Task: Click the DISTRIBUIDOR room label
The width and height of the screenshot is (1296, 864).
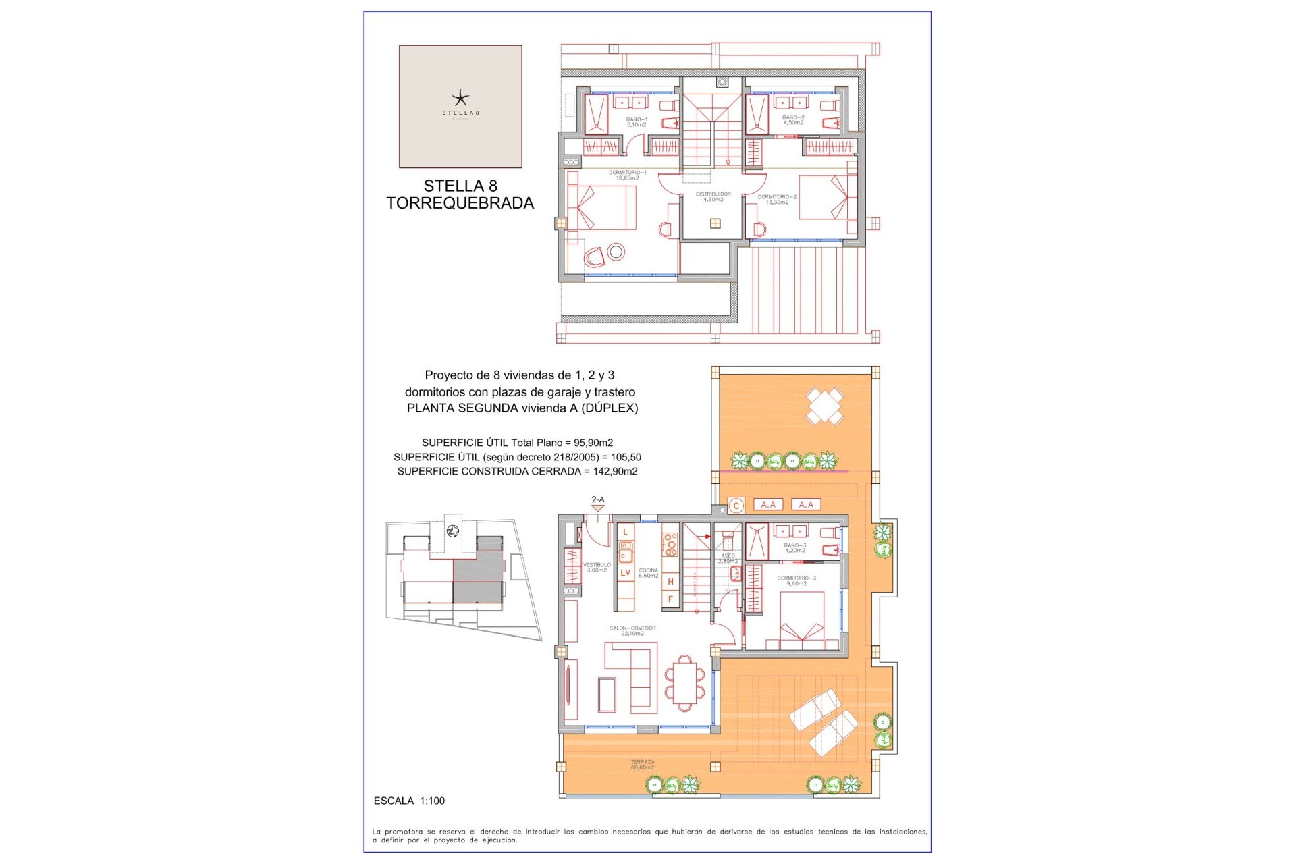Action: (x=713, y=196)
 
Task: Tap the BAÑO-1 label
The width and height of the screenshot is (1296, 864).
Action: (x=636, y=122)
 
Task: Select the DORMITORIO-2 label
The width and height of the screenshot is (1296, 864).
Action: (x=777, y=199)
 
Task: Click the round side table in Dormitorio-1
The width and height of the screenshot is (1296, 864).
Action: (x=616, y=252)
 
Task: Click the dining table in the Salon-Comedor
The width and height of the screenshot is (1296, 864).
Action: (x=684, y=682)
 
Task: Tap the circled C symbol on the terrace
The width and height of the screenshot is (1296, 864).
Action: (x=736, y=505)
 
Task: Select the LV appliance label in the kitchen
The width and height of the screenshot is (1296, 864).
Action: (x=625, y=573)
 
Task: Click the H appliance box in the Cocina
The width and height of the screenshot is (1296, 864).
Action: (x=670, y=581)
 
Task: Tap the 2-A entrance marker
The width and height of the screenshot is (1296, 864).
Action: (x=598, y=500)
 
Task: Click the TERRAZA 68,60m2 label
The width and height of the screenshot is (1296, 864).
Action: (x=642, y=765)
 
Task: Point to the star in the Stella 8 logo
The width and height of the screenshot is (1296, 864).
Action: (x=460, y=98)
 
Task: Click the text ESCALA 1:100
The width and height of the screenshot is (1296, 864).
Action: (x=409, y=801)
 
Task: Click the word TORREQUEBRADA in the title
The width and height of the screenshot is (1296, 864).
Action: (x=460, y=203)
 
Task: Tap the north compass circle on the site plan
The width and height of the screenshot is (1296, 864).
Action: (x=453, y=531)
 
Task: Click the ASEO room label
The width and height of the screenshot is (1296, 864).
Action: (x=728, y=558)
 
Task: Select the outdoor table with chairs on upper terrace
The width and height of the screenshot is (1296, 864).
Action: (x=824, y=406)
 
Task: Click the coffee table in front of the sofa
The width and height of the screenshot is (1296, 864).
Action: (x=607, y=695)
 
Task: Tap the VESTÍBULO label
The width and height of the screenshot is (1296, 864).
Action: (x=597, y=567)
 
